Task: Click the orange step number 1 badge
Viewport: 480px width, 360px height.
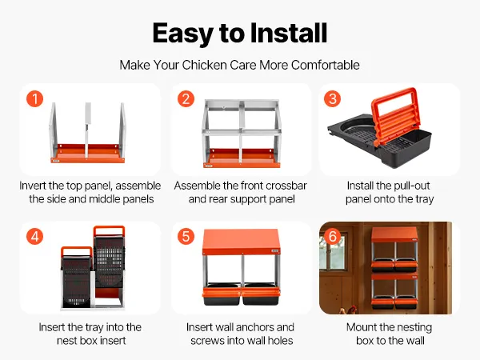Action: pos(34,98)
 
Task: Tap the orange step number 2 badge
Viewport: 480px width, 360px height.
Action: pos(186,98)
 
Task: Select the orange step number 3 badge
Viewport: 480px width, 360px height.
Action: pos(332,98)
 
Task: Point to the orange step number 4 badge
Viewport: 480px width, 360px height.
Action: pos(34,236)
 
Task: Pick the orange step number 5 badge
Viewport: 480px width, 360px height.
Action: pos(186,236)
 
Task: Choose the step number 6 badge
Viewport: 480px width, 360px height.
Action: pos(333,236)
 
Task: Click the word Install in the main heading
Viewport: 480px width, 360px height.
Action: pos(289,33)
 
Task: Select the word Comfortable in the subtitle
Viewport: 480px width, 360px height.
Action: pos(326,65)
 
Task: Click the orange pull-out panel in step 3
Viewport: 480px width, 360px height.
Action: pos(394,116)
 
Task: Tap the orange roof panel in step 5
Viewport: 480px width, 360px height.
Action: pos(242,242)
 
